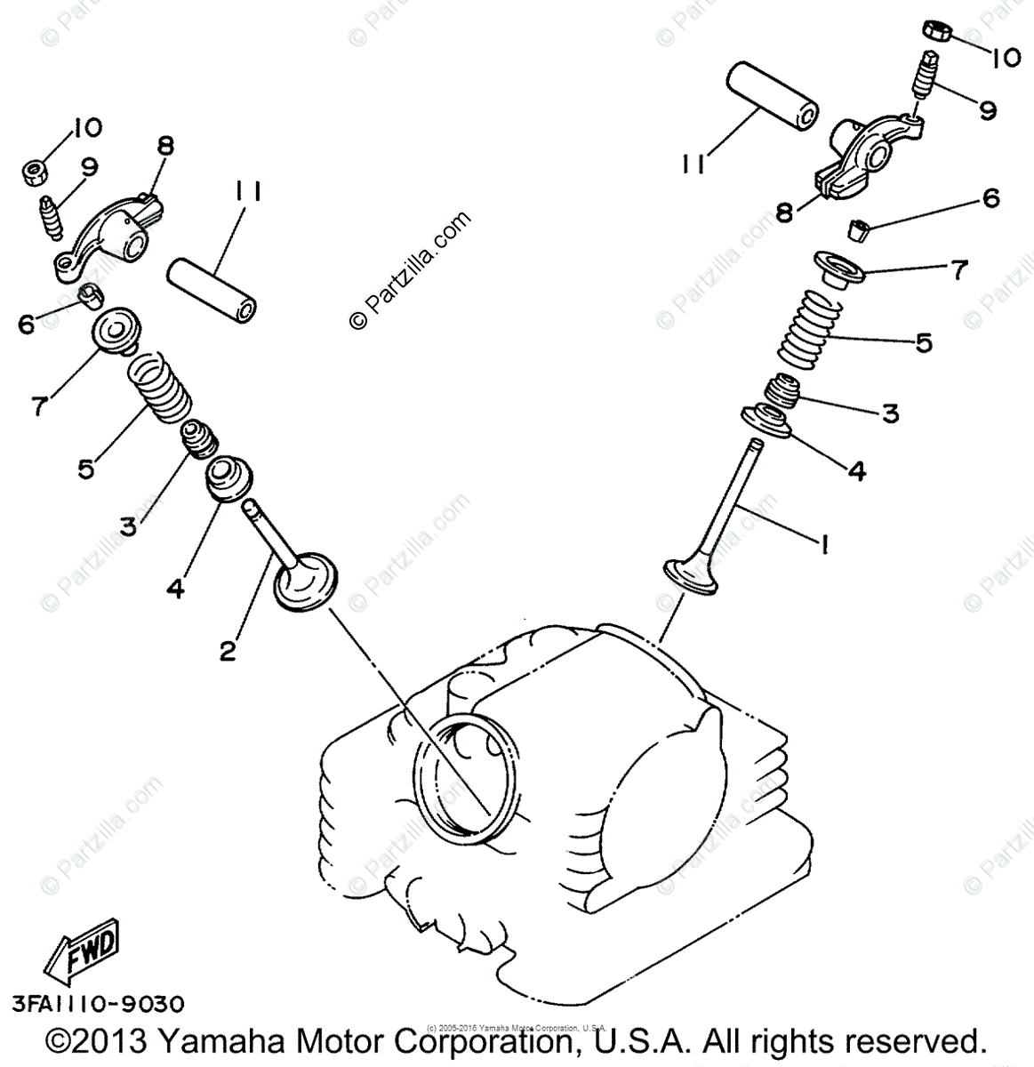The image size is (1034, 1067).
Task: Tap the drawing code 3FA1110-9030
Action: click(x=98, y=1004)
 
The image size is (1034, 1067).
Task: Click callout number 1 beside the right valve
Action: click(x=823, y=543)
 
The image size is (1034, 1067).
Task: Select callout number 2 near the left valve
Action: click(x=228, y=651)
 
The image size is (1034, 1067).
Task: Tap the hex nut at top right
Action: click(x=937, y=31)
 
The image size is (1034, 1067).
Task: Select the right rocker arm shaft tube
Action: click(x=773, y=97)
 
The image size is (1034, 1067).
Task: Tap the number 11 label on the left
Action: click(x=249, y=192)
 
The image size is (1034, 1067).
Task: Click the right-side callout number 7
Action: click(x=958, y=269)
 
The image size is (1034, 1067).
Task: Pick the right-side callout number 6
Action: click(x=990, y=198)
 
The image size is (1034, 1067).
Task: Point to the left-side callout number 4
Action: click(x=176, y=587)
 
